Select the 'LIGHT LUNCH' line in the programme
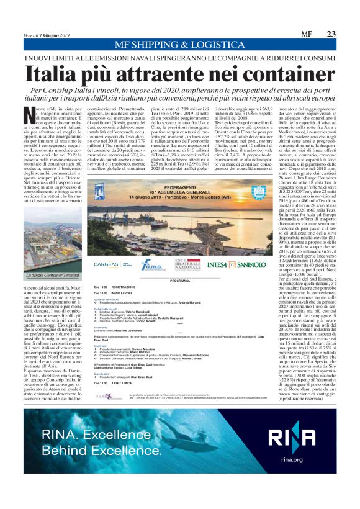pos(121,384)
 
